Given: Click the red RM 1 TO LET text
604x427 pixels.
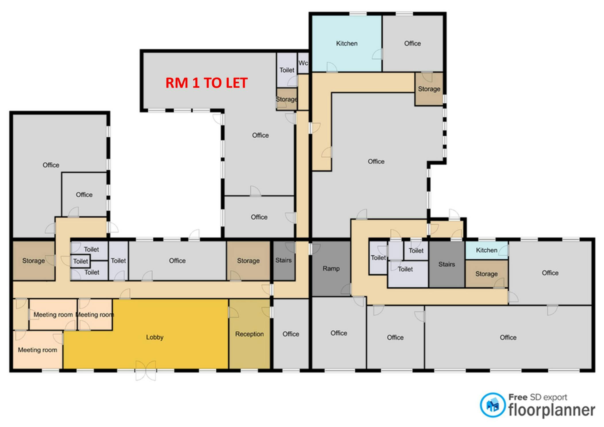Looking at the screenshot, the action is tap(206, 83).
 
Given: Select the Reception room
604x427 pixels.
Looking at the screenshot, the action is tap(249, 334).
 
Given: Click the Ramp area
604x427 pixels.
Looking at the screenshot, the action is tap(331, 269).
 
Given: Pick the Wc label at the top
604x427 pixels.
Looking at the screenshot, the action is tap(303, 63).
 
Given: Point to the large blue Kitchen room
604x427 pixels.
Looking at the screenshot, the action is tap(347, 43).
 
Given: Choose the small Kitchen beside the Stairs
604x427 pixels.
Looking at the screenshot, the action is tap(487, 250).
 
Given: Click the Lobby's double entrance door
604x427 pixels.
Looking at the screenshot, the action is tap(146, 371).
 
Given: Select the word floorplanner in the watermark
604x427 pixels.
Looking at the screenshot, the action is tap(552, 410).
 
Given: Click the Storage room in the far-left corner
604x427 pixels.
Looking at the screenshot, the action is tap(34, 261).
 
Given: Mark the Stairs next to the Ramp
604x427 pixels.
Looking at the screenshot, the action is tap(283, 260).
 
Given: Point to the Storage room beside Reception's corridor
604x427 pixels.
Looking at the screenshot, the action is tap(248, 261).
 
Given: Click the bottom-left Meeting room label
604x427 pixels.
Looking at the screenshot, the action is tap(38, 350).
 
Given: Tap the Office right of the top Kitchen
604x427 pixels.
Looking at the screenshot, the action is tap(413, 43).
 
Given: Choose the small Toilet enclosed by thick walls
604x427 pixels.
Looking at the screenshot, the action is tap(81, 261).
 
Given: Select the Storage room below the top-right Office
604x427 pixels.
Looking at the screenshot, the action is tap(429, 89).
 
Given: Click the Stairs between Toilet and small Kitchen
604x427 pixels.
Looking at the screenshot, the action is tap(447, 264).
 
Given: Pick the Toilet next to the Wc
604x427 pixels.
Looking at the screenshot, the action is tap(287, 70).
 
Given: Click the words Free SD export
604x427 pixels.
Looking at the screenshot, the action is tap(538, 397).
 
